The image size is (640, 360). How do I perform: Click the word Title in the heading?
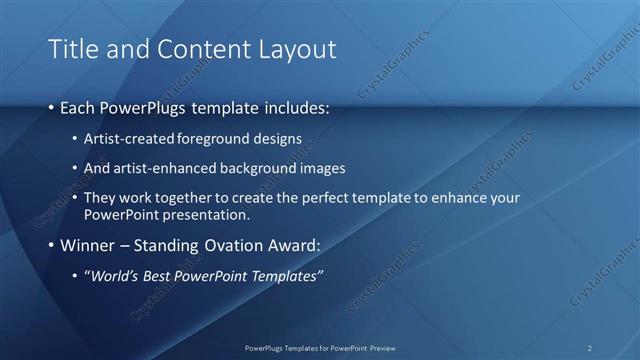pyautogui.click(x=71, y=49)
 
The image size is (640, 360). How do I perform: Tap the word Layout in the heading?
pyautogui.click(x=292, y=49)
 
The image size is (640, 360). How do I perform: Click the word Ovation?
pyautogui.click(x=235, y=245)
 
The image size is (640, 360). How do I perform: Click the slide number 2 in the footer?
pyautogui.click(x=590, y=347)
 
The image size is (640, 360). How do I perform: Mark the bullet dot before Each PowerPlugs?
pyautogui.click(x=51, y=107)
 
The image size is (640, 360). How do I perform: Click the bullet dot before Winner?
pyautogui.click(x=51, y=245)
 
